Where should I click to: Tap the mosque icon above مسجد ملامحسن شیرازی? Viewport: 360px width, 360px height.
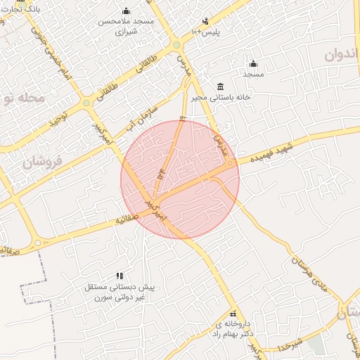point(126,11)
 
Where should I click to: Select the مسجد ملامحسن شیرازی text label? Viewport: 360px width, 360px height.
point(126,27)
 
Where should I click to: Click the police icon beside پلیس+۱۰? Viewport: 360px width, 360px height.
point(205,21)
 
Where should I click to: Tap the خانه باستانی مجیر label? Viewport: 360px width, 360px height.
point(219,98)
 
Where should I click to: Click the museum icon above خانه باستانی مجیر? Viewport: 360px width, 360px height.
point(220,86)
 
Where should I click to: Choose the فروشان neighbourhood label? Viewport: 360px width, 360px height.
point(43,161)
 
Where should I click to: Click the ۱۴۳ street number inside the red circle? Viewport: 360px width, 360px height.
point(161,169)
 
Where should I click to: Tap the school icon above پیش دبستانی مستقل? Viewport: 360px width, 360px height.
point(120,276)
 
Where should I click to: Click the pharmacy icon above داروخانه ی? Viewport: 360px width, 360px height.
point(233,314)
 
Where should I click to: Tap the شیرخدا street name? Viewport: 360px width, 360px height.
point(289,345)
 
